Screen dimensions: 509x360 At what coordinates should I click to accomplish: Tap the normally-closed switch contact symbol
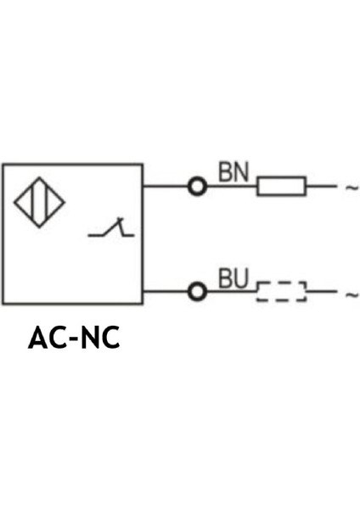[x=111, y=229]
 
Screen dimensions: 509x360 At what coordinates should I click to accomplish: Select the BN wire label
[x=233, y=172]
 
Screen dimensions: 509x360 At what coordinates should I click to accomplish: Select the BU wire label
[x=233, y=278]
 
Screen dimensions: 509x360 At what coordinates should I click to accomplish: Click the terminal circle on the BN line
[x=197, y=186]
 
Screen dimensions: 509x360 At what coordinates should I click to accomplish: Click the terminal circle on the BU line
[x=197, y=292]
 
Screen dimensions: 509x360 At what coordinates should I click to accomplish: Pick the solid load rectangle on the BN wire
[x=281, y=186]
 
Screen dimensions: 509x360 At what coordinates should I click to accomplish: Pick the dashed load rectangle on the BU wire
[x=281, y=292]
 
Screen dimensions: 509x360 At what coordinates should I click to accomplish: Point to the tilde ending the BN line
[x=351, y=187]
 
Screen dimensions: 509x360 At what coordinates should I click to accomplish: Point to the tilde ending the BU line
[x=351, y=294]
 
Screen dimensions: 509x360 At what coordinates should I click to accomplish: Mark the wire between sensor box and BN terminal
[x=165, y=186]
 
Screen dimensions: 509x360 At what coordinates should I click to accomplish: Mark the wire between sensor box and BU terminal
[x=165, y=292]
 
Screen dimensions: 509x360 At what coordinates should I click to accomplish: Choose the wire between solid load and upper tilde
[x=321, y=186]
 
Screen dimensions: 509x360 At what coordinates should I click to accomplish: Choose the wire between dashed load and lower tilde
[x=321, y=292]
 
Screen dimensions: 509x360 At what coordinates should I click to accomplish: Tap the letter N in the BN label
[x=241, y=172]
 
